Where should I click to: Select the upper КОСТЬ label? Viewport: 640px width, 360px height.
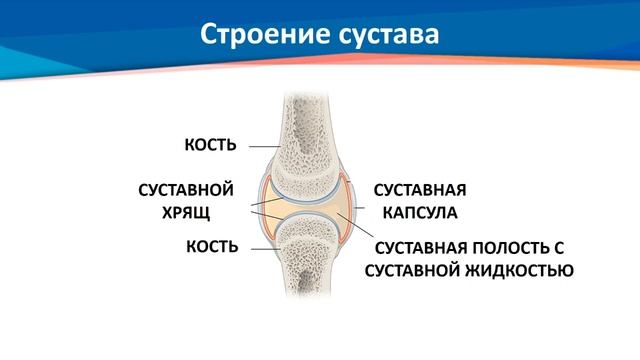(x=210, y=145)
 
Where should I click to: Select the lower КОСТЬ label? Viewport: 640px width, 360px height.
(x=210, y=246)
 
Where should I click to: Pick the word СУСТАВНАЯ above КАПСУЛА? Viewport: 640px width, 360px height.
(x=420, y=189)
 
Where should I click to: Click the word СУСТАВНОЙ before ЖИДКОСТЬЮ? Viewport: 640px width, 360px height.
(x=409, y=270)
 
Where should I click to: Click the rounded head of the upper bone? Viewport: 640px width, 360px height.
(x=305, y=175)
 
